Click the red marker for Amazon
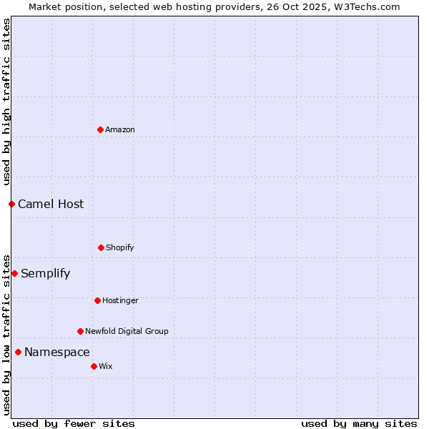[100, 129]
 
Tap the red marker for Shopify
[101, 247]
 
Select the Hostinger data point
[97, 300]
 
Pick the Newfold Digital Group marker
[80, 331]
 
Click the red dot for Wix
[94, 366]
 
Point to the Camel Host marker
[11, 204]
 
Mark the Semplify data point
[14, 273]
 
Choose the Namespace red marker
[18, 352]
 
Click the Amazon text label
[120, 130]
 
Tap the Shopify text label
[120, 248]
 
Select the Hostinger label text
[120, 301]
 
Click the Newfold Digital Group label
[127, 332]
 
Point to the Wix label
[106, 367]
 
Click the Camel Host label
[51, 204]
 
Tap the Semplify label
[45, 274]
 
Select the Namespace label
[57, 352]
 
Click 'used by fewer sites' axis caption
[74, 424]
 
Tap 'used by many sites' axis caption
[359, 424]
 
